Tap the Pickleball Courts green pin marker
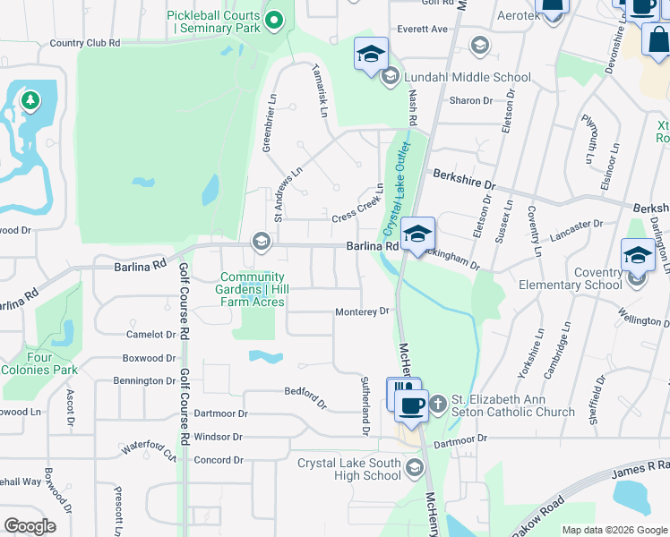click(274, 18)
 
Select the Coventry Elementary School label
click(570, 278)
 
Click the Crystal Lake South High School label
click(349, 469)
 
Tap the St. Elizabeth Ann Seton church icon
click(437, 405)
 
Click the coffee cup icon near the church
click(412, 405)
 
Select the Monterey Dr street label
click(362, 311)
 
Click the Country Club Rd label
click(85, 42)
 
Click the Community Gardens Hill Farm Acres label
click(253, 289)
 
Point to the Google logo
click(30, 525)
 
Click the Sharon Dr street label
click(471, 100)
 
